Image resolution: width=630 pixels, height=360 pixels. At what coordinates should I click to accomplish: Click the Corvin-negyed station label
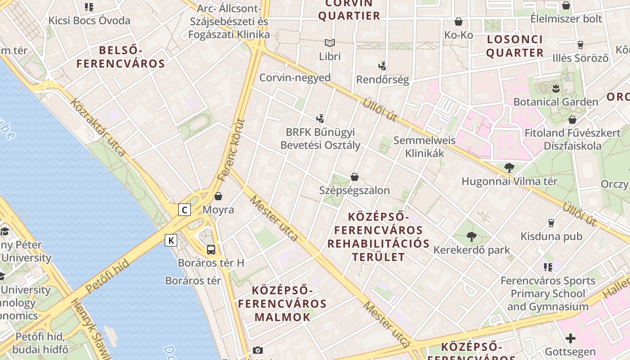pos(295,77)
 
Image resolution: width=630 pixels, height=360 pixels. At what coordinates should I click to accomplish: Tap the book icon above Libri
pos(330,43)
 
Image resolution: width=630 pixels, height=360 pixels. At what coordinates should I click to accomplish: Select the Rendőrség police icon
pos(382,67)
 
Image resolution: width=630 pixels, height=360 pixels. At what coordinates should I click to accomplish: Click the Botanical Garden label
pos(556,102)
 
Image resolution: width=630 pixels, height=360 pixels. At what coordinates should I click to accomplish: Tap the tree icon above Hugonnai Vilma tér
pos(509,168)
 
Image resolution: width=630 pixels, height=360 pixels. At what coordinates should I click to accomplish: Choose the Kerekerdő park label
pos(472,250)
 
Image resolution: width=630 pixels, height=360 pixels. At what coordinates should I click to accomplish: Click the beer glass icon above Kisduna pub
pos(551,223)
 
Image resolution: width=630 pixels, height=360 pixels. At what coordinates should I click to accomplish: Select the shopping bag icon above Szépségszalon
pos(355,177)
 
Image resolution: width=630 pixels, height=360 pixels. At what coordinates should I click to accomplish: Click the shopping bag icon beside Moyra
pos(218,196)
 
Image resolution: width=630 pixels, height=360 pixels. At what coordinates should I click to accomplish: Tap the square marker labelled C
pos(184,210)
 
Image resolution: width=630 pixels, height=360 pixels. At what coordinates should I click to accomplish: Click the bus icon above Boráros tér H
pos(211,249)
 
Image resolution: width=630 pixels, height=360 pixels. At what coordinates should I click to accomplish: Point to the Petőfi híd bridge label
pos(107,276)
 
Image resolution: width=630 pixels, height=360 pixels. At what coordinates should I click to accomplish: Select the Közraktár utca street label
pos(98,127)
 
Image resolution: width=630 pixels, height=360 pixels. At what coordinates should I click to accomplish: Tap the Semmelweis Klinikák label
pos(424,147)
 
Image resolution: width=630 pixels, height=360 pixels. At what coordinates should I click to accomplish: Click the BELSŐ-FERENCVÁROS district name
pos(121,57)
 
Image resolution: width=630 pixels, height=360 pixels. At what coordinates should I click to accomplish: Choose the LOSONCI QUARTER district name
pos(515,46)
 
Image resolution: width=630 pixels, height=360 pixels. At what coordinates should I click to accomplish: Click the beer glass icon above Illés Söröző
pos(580,45)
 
